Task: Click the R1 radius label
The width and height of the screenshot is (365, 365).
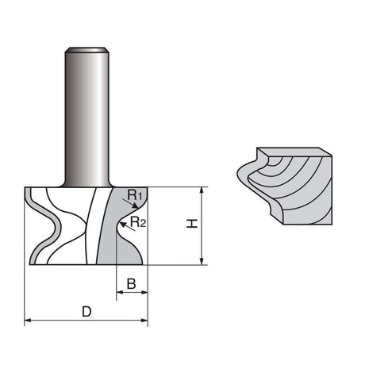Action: click(135, 194)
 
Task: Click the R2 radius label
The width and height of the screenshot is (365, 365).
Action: click(138, 222)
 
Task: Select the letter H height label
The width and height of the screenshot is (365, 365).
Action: click(192, 224)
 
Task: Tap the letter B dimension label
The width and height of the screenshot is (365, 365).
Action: click(132, 284)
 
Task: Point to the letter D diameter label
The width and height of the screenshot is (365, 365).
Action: click(86, 312)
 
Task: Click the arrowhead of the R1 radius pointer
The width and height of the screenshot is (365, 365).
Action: click(136, 206)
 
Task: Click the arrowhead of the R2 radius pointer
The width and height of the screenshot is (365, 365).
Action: click(122, 225)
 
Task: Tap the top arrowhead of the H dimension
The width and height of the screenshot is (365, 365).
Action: click(202, 190)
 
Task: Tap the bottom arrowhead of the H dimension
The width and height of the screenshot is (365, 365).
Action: click(202, 261)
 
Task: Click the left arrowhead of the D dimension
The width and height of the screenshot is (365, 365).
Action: click(28, 321)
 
